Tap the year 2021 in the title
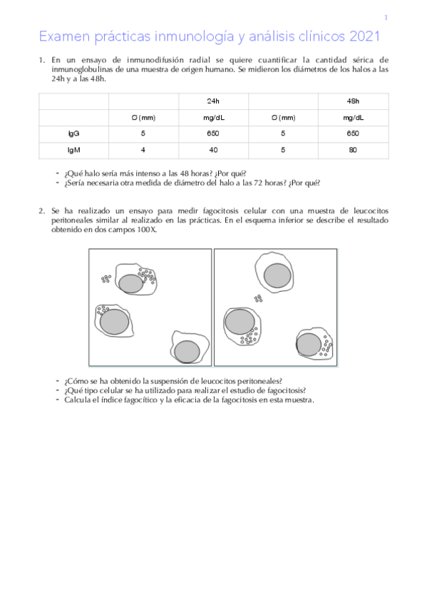(363, 36)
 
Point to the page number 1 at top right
(386, 18)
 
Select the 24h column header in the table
(213, 101)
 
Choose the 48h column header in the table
(352, 101)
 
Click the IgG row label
(73, 133)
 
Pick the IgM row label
(73, 149)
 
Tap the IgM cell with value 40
(213, 149)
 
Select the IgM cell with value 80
(352, 149)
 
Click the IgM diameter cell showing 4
(143, 149)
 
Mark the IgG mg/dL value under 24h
(213, 133)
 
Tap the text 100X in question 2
(147, 230)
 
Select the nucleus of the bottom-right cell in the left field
(187, 351)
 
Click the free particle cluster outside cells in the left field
(106, 278)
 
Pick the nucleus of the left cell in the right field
(240, 322)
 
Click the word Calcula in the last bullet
(76, 400)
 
